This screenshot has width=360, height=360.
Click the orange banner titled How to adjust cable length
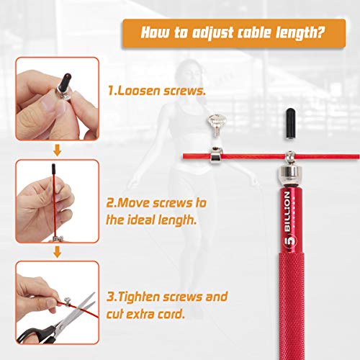coord(234,33)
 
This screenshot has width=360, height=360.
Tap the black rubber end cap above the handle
coord(290,124)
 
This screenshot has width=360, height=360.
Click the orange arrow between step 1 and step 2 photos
coord(57,150)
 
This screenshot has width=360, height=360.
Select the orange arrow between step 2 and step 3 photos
coord(57,252)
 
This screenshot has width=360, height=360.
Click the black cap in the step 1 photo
coord(66,81)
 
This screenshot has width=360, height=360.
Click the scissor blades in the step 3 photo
coord(78,310)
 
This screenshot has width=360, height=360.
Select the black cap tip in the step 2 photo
coord(53,168)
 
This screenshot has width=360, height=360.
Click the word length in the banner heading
coord(300,33)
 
